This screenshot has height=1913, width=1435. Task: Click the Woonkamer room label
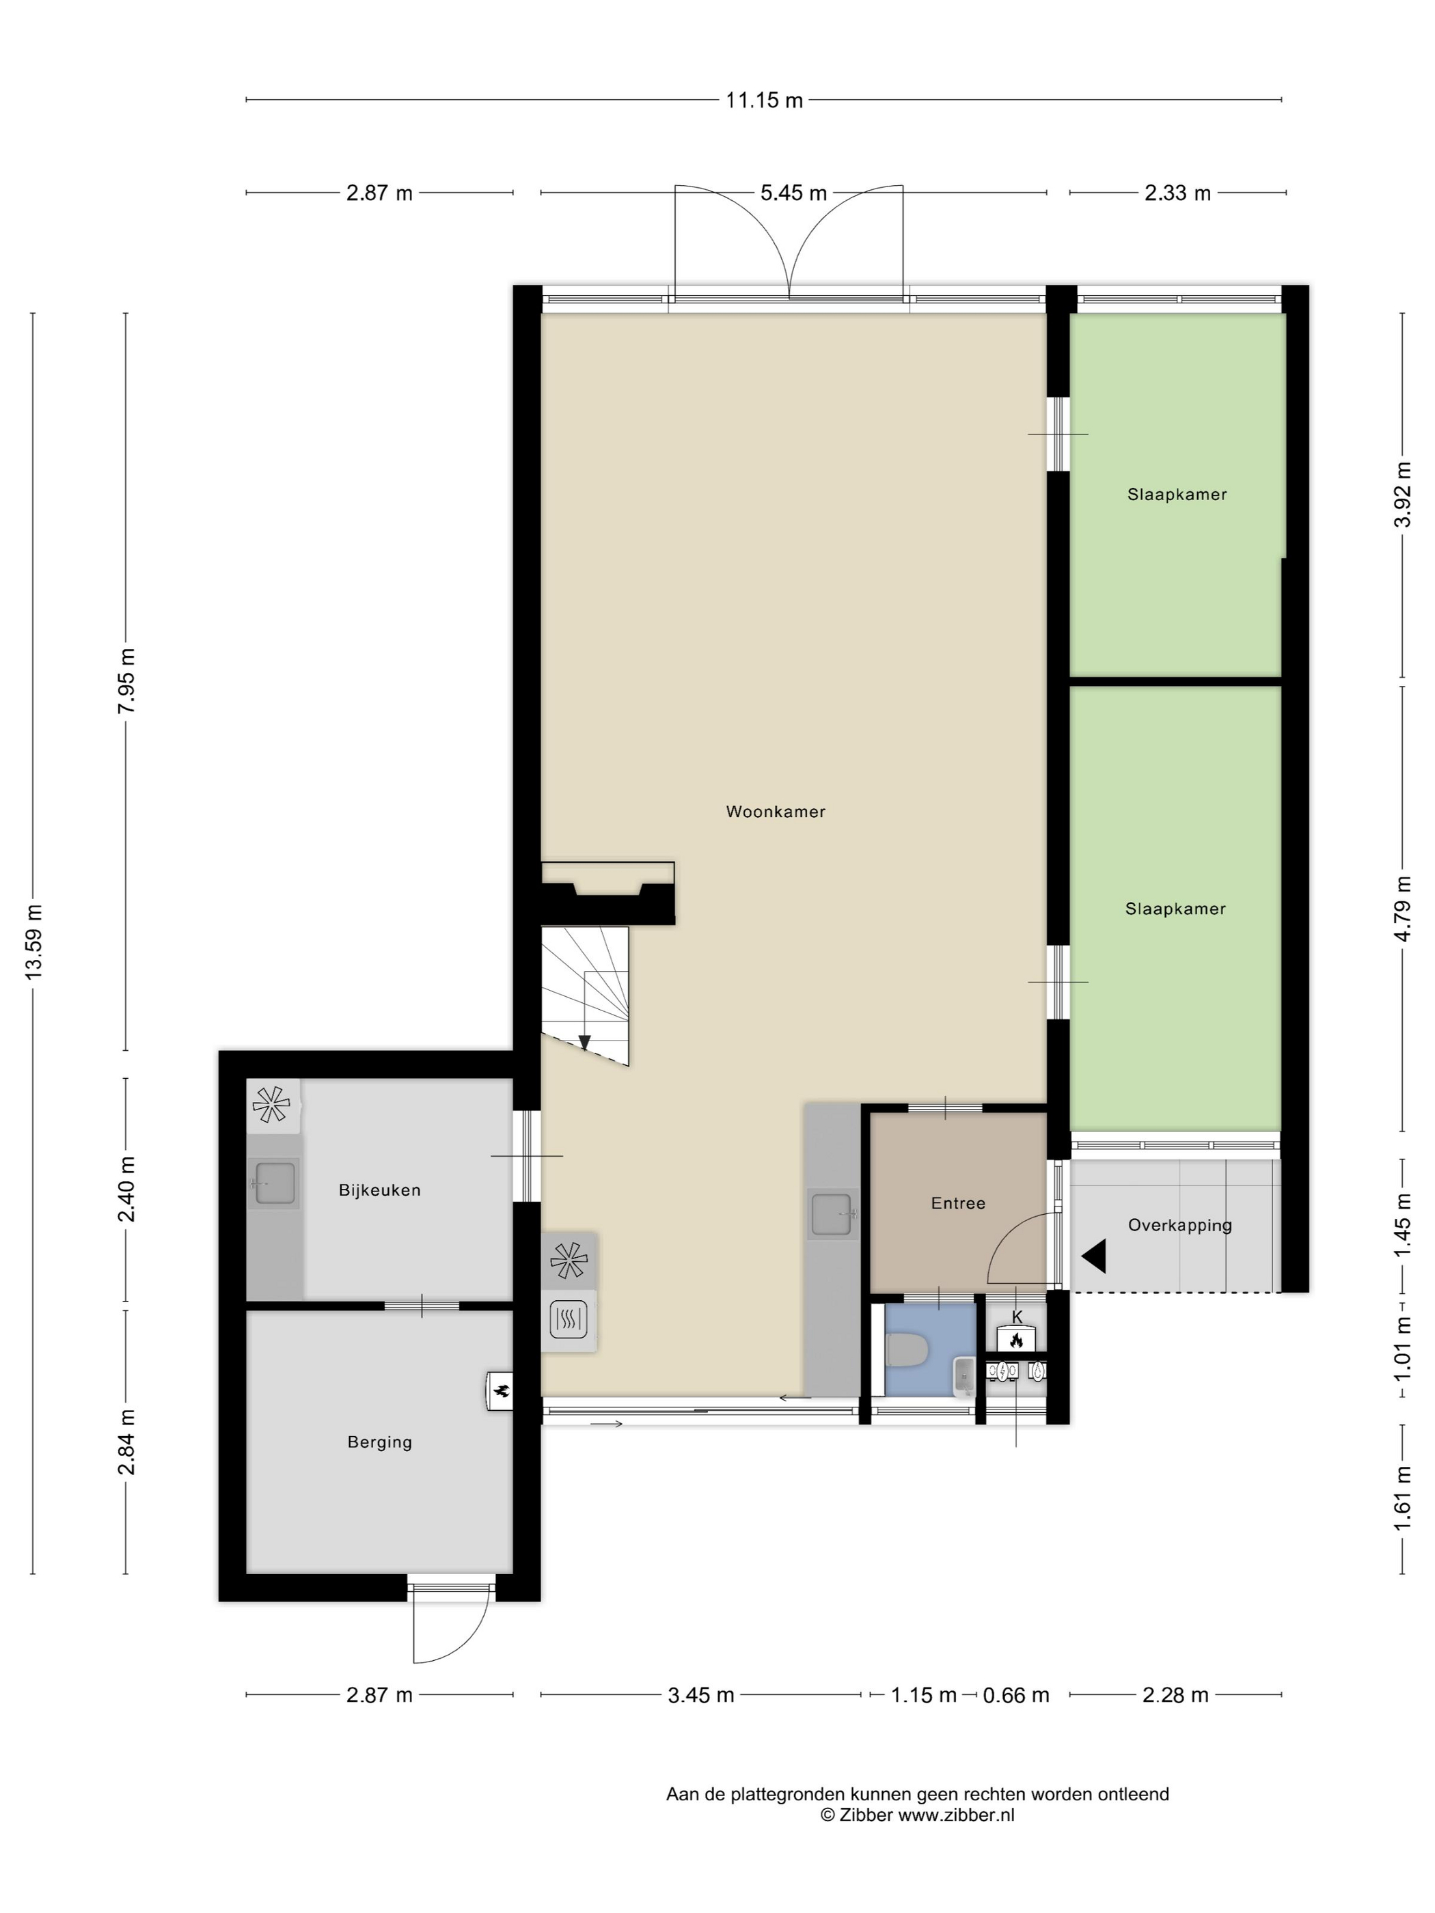click(775, 811)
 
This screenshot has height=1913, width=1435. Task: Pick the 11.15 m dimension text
click(764, 100)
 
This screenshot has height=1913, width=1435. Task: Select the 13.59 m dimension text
click(33, 941)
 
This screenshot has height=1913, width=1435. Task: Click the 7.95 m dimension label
click(126, 680)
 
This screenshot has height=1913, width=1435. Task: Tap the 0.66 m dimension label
click(1016, 1695)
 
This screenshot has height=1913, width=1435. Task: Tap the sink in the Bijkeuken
click(274, 1182)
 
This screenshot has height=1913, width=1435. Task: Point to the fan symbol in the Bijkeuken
click(271, 1104)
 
